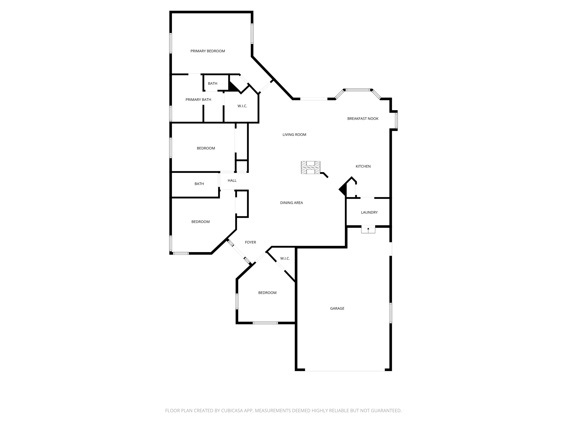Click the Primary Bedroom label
pyautogui.click(x=208, y=51)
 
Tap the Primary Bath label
pyautogui.click(x=198, y=100)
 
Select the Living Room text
pyautogui.click(x=294, y=135)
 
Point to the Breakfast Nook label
pyautogui.click(x=363, y=119)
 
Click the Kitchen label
pyautogui.click(x=363, y=166)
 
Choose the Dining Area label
pyautogui.click(x=292, y=203)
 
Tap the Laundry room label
pyautogui.click(x=369, y=212)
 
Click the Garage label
pyautogui.click(x=337, y=308)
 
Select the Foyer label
pyautogui.click(x=251, y=242)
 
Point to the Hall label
pyautogui.click(x=232, y=181)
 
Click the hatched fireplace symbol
pyautogui.click(x=311, y=168)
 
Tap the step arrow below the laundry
pyautogui.click(x=368, y=229)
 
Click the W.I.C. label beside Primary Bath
pyautogui.click(x=242, y=106)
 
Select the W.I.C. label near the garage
pyautogui.click(x=285, y=258)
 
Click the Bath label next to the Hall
pyautogui.click(x=199, y=184)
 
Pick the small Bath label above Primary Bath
pyautogui.click(x=213, y=84)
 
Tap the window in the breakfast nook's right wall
pyautogui.click(x=396, y=120)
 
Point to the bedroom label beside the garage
pyautogui.click(x=267, y=293)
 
